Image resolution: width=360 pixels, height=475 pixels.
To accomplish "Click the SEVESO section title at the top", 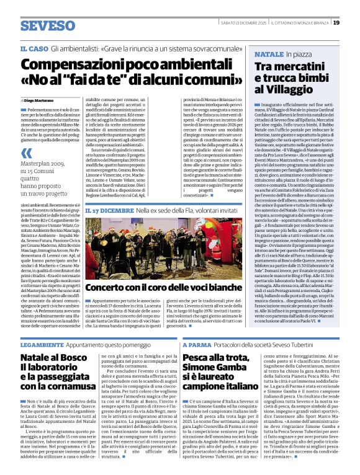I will click(47, 25).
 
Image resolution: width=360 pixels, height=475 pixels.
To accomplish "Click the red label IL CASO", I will click(34, 48).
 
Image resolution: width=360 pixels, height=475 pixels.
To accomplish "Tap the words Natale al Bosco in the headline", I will click(53, 358).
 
